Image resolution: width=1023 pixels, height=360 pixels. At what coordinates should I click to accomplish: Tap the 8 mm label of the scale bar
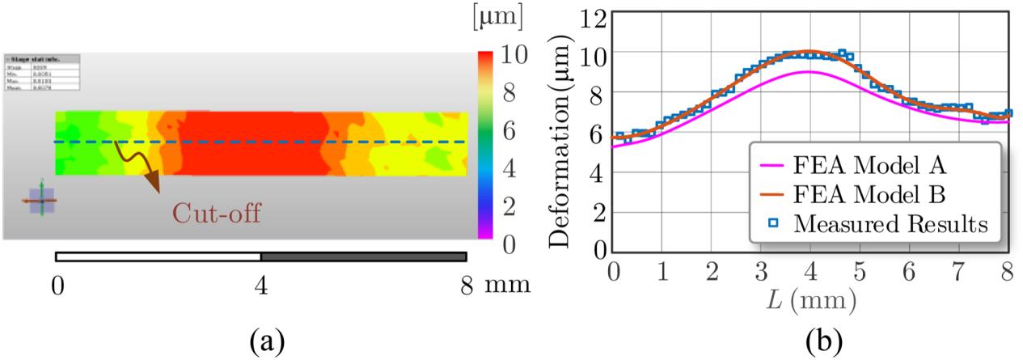pyautogui.click(x=490, y=284)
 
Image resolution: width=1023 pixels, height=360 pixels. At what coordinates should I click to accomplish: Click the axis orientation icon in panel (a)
pyautogui.click(x=39, y=199)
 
